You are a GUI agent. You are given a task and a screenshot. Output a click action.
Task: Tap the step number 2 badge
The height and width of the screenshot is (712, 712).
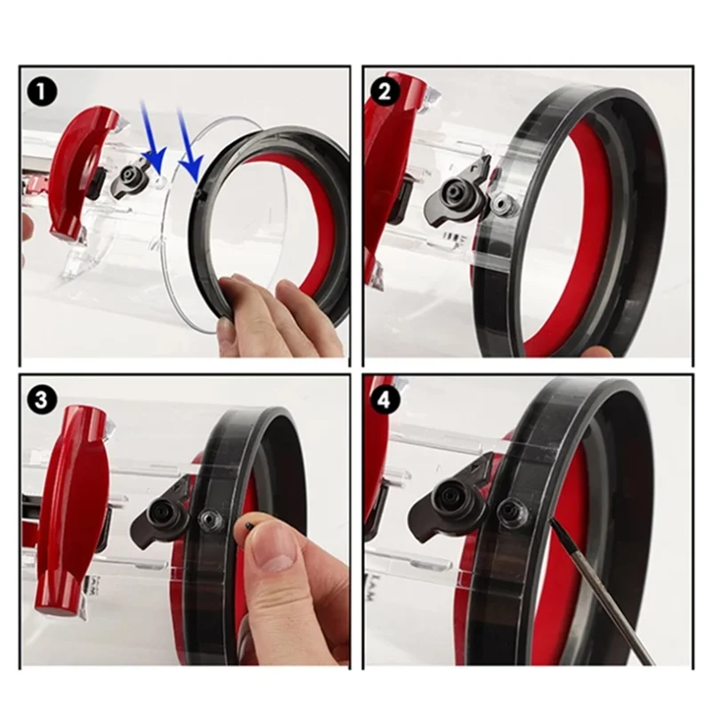pos(384,90)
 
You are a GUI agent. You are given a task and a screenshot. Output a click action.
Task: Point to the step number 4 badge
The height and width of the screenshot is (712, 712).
pos(384,400)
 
